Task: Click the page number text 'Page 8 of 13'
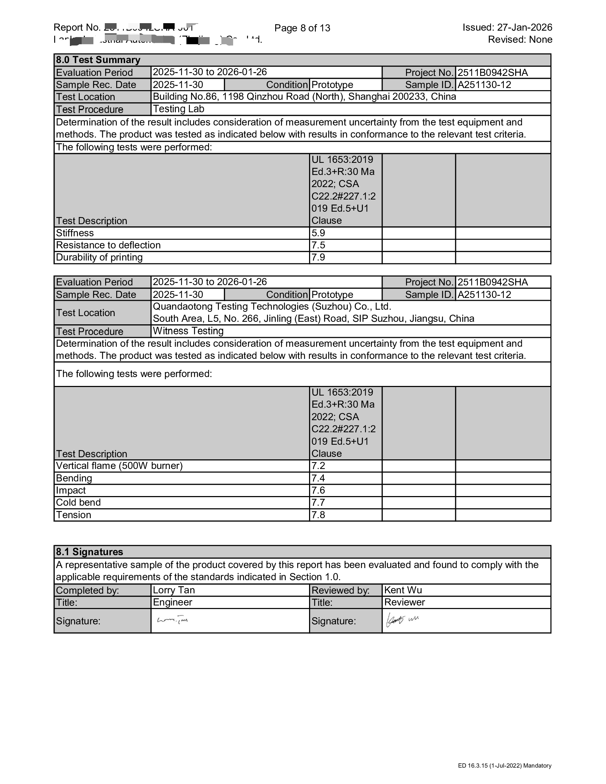pyautogui.click(x=302, y=28)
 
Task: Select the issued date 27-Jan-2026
pyautogui.click(x=524, y=27)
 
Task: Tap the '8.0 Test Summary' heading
pyautogui.click(x=98, y=60)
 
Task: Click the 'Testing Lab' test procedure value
pyautogui.click(x=179, y=109)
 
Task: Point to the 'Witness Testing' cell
pyautogui.click(x=188, y=331)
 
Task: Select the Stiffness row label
pyautogui.click(x=75, y=233)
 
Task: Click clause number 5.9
pyautogui.click(x=318, y=233)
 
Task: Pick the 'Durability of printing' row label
pyautogui.click(x=99, y=257)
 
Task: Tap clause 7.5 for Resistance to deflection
pyautogui.click(x=318, y=245)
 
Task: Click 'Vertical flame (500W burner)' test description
pyautogui.click(x=119, y=466)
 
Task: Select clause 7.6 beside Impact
pyautogui.click(x=318, y=490)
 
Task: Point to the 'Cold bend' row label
pyautogui.click(x=78, y=502)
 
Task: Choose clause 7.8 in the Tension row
pyautogui.click(x=318, y=515)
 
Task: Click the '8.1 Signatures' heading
pyautogui.click(x=89, y=552)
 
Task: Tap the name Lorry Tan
pyautogui.click(x=174, y=590)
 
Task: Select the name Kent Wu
pyautogui.click(x=403, y=590)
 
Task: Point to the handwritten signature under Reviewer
pyautogui.click(x=402, y=620)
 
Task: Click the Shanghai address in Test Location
pyautogui.click(x=304, y=97)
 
